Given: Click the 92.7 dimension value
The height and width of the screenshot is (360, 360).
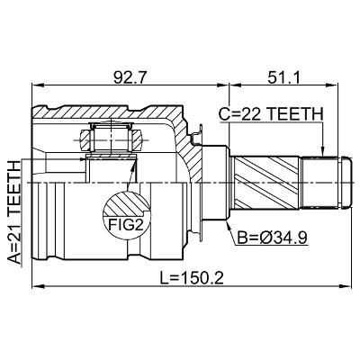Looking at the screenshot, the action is [x=130, y=78].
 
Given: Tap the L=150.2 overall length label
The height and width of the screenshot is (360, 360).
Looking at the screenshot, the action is [x=192, y=279].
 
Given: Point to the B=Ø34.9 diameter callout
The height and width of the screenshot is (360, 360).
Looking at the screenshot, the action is [x=272, y=238].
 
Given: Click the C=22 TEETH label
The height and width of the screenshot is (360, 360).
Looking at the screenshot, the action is [x=271, y=114].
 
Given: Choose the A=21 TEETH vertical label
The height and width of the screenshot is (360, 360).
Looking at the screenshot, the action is [x=14, y=212].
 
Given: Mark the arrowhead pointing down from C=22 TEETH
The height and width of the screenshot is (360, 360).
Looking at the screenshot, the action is [x=323, y=151].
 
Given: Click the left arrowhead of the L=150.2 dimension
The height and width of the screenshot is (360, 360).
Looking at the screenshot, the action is [x=38, y=286].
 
